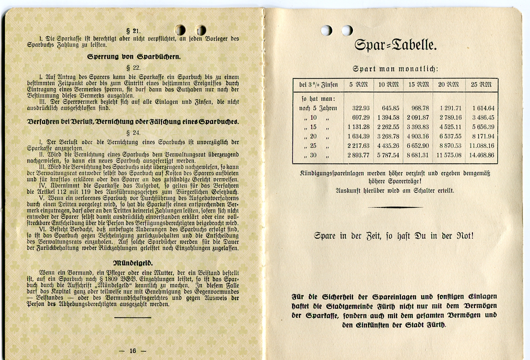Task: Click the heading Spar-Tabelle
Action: point(395,45)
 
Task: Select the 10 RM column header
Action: point(388,85)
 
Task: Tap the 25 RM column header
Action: point(481,85)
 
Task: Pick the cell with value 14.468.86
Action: point(482,155)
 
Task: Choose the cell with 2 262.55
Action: point(388,127)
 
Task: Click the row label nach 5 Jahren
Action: point(318,108)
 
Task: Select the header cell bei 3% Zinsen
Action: point(318,85)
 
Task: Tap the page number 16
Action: point(133,351)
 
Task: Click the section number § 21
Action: point(133,31)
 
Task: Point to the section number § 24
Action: point(133,133)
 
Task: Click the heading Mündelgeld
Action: point(133,263)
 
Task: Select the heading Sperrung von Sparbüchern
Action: point(134,57)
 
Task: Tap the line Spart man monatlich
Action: point(395,69)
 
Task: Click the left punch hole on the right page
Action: point(326,30)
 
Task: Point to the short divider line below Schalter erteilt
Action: point(395,207)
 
